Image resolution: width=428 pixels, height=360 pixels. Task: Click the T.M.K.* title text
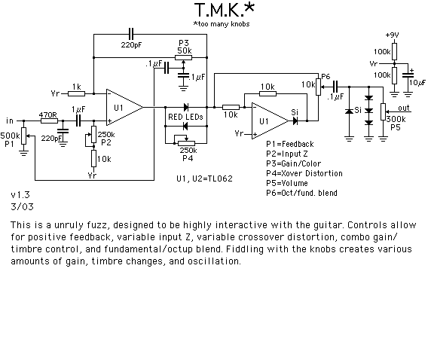click(224, 10)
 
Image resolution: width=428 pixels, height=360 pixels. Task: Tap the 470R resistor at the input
click(49, 121)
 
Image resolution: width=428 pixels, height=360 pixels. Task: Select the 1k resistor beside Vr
click(76, 94)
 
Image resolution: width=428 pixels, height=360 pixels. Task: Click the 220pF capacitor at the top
click(131, 35)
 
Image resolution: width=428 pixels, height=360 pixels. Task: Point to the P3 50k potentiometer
click(183, 57)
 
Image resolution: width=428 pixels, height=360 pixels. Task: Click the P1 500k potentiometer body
click(24, 136)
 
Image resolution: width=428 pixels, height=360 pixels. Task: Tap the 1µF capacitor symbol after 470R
click(78, 121)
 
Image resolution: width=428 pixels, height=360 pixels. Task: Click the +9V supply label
click(393, 35)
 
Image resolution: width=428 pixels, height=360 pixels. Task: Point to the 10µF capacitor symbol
click(408, 75)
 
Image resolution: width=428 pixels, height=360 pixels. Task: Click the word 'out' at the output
click(404, 108)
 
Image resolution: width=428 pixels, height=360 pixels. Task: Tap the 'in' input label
click(10, 121)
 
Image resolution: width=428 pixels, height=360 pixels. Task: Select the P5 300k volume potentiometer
click(384, 111)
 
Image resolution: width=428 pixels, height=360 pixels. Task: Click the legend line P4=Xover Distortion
click(304, 173)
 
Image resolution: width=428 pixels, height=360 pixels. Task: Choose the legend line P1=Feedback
click(290, 144)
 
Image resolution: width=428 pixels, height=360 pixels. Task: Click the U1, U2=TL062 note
click(204, 179)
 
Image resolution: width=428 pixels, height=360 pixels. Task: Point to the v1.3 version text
click(20, 195)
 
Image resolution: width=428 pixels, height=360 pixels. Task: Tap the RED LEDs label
click(185, 117)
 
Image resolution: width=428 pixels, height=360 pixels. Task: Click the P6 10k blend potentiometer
click(318, 87)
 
